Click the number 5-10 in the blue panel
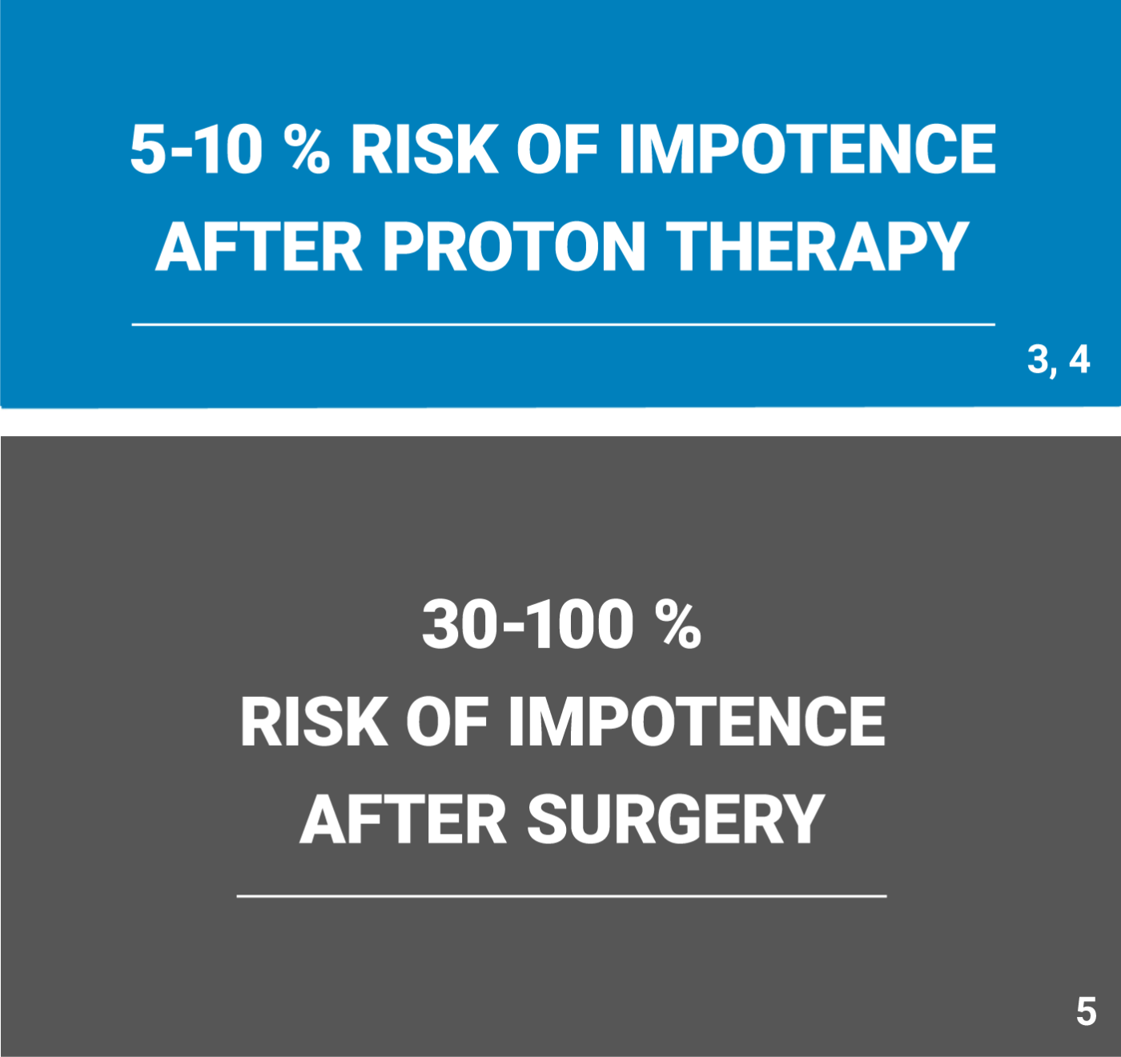pyautogui.click(x=196, y=149)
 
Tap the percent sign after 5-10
pyautogui.click(x=306, y=149)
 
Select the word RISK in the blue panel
pyautogui.click(x=424, y=149)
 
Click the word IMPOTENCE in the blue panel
pyautogui.click(x=807, y=149)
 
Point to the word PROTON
pyautogui.click(x=513, y=246)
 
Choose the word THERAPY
pyautogui.click(x=818, y=246)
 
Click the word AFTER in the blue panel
pyautogui.click(x=259, y=246)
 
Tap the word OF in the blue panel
pyautogui.click(x=557, y=149)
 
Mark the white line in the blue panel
pyautogui.click(x=564, y=325)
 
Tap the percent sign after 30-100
pyautogui.click(x=678, y=625)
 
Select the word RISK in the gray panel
pyautogui.click(x=314, y=722)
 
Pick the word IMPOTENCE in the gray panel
pyautogui.click(x=697, y=722)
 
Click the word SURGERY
pyautogui.click(x=676, y=819)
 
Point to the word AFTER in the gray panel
pyautogui.click(x=403, y=819)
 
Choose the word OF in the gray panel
pyautogui.click(x=448, y=722)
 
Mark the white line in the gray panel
pyautogui.click(x=561, y=895)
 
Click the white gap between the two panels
pyautogui.click(x=560, y=422)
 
